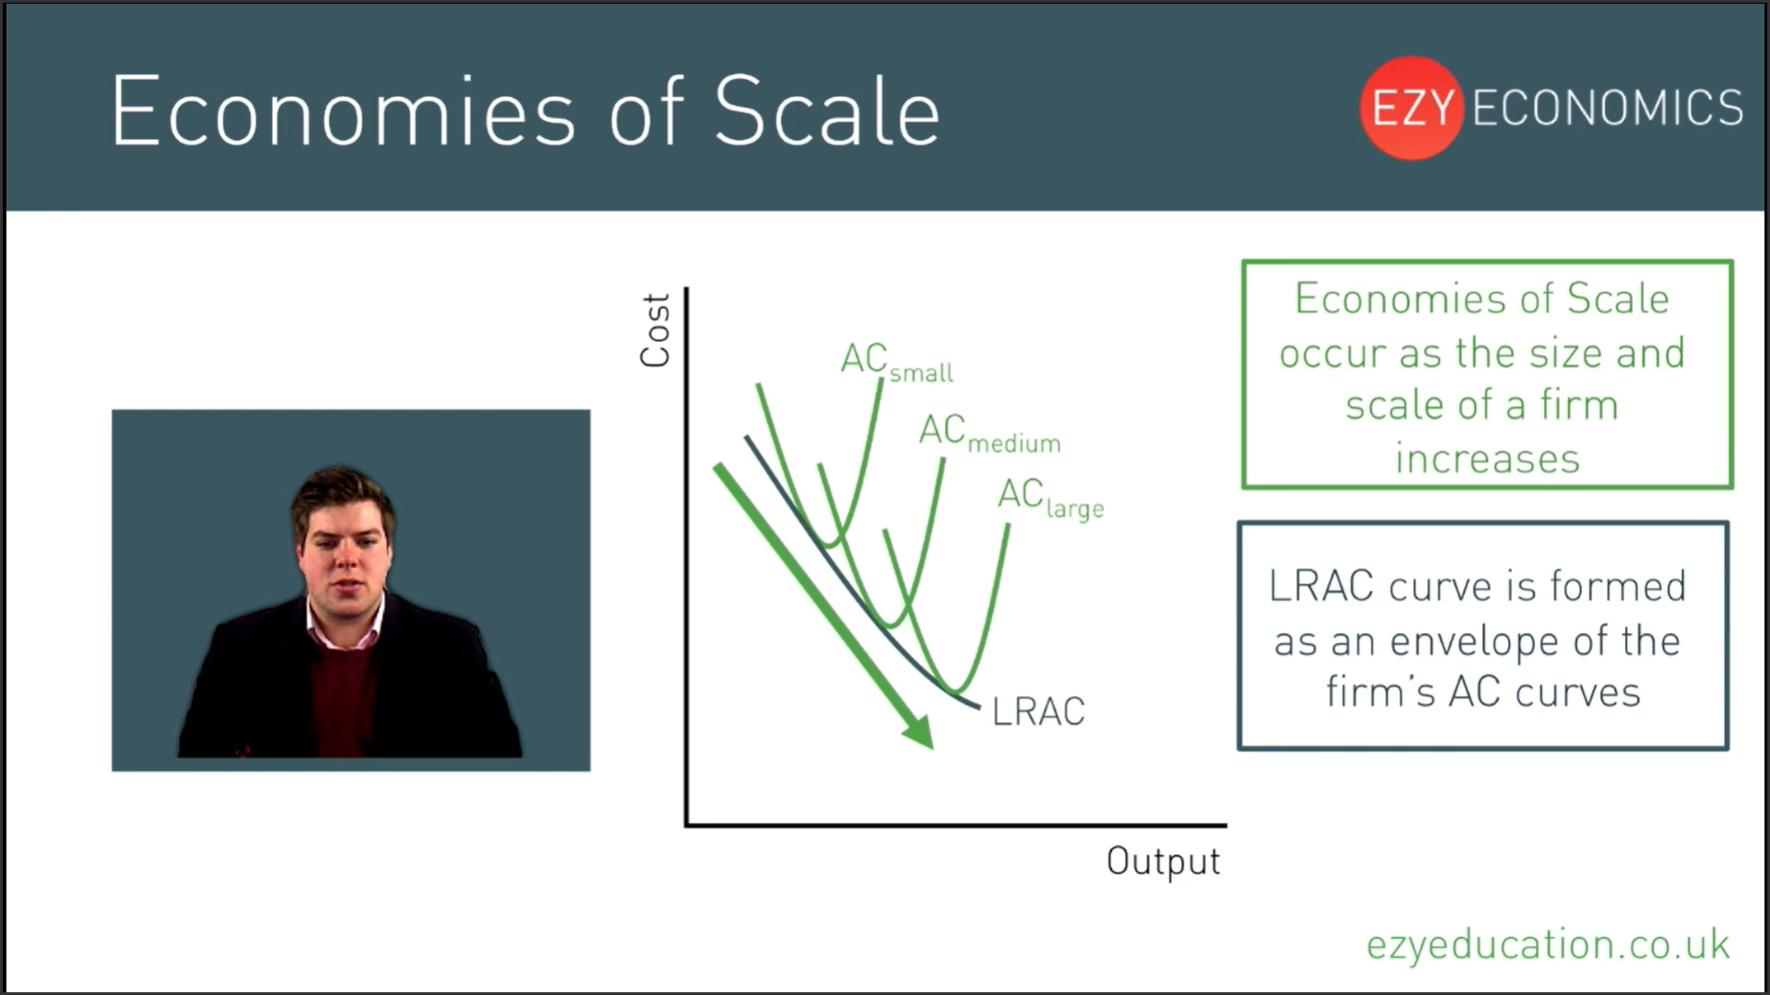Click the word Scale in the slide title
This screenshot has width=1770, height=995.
pyautogui.click(x=827, y=111)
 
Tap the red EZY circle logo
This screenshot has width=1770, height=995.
pyautogui.click(x=1411, y=108)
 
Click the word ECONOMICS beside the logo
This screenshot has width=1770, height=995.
pyautogui.click(x=1608, y=108)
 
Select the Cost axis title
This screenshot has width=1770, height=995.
pyautogui.click(x=655, y=331)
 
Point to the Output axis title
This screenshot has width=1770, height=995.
pyautogui.click(x=1163, y=860)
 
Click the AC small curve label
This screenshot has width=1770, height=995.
pyautogui.click(x=897, y=361)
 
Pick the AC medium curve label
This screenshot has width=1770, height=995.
pyautogui.click(x=990, y=433)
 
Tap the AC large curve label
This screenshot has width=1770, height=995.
pyautogui.click(x=1051, y=498)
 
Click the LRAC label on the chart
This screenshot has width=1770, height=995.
pyautogui.click(x=1038, y=711)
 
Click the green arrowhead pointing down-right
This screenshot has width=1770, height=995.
pyautogui.click(x=918, y=731)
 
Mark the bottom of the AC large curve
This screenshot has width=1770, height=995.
pyautogui.click(x=958, y=689)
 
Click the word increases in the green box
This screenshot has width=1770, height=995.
pyautogui.click(x=1487, y=459)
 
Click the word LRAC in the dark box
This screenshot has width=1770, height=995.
pyautogui.click(x=1321, y=586)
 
